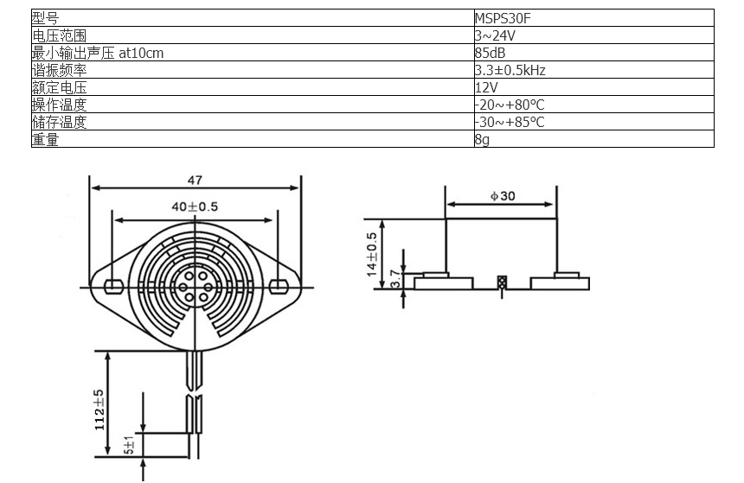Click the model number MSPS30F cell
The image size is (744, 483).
503,18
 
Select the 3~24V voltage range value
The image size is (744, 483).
495,35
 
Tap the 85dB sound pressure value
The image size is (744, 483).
491,53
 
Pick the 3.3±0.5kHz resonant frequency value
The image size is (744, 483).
510,70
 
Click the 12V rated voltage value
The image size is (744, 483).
486,87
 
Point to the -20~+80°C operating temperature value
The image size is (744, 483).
510,105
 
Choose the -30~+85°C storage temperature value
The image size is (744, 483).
510,122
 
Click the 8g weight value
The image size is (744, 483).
482,139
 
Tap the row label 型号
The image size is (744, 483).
46,18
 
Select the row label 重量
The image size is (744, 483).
46,139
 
